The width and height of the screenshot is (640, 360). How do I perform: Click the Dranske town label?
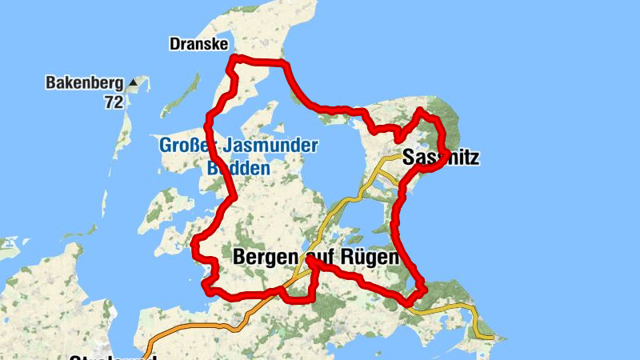tap(198, 44)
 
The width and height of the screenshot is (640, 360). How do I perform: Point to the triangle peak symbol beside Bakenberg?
tap(133, 82)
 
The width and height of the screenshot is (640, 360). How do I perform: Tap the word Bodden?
tap(238, 169)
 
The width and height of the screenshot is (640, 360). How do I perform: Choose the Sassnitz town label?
tap(441, 158)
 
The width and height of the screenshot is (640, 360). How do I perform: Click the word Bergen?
tap(266, 258)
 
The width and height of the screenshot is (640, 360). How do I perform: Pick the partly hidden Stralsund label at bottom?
tap(112, 357)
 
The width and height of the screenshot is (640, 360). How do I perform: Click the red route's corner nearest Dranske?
tap(234, 58)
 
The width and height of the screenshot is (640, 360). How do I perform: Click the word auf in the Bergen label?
tap(318, 258)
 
